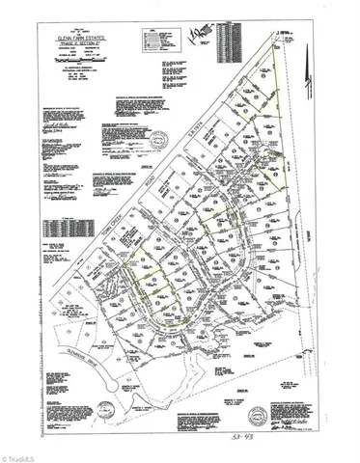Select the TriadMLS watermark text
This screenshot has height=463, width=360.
pos(24,452)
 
